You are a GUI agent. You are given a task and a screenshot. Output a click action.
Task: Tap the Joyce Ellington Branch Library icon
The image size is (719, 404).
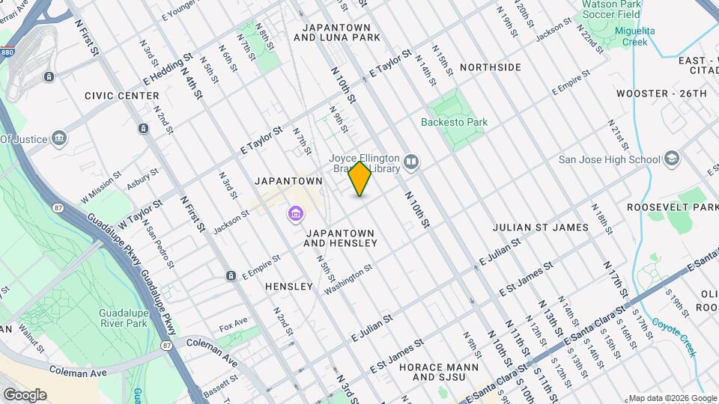411,162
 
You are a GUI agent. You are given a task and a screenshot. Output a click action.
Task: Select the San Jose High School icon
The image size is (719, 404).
672,159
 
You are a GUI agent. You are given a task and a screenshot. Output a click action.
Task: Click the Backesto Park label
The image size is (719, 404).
454,122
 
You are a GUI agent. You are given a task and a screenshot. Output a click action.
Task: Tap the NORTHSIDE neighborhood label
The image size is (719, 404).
491,67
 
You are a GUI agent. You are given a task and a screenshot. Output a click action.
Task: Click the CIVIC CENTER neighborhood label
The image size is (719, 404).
122,96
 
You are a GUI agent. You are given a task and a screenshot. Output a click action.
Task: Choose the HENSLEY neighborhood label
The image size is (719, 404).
289,287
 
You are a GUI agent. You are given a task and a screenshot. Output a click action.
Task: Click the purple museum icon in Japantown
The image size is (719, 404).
296,215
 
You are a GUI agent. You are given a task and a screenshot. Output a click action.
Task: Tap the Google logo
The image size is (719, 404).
24,394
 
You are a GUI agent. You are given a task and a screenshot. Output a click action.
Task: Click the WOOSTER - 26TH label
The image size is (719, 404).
661,94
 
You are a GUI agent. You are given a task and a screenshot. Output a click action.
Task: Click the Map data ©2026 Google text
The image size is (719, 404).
672,398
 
